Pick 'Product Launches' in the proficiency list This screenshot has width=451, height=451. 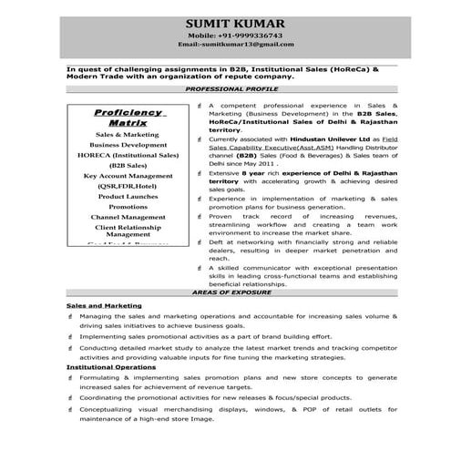pos(128,196)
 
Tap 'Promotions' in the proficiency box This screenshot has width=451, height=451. pos(128,207)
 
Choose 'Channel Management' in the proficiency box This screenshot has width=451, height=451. pos(128,218)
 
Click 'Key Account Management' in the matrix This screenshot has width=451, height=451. pos(128,175)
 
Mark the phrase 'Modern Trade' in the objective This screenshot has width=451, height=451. pos(92,77)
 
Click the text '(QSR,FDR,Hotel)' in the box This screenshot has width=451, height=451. pos(128,185)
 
